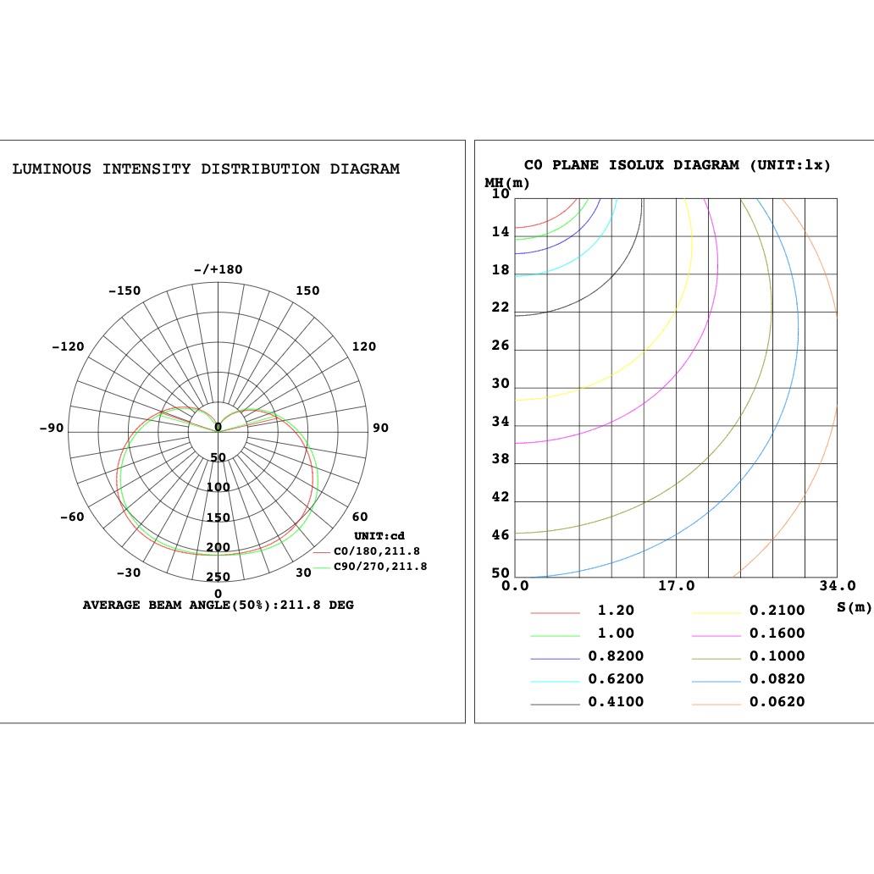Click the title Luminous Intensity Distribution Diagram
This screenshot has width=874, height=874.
click(206, 169)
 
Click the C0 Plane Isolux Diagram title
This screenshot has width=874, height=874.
click(678, 165)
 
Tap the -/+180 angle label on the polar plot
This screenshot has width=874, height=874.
click(218, 269)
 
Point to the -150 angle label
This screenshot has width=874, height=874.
click(124, 290)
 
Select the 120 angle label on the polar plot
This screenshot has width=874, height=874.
click(363, 346)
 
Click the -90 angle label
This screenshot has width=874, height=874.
click(52, 428)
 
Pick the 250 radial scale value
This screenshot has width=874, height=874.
click(218, 578)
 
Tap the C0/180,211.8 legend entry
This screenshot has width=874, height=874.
click(376, 551)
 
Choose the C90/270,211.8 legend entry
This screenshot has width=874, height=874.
click(380, 567)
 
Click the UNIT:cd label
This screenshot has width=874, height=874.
click(379, 536)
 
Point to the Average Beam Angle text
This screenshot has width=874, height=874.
click(218, 606)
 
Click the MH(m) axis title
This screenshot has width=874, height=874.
click(507, 183)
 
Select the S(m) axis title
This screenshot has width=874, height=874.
click(854, 606)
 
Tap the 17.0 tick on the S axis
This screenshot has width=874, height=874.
click(676, 586)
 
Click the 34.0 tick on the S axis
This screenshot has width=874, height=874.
click(838, 586)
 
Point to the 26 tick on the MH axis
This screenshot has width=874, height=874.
click(501, 346)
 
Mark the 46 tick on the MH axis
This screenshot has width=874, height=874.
click(501, 535)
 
